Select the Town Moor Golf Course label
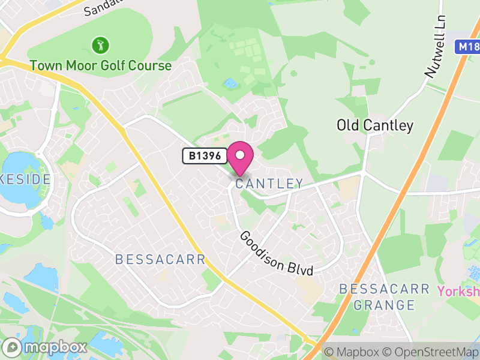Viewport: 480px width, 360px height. (101, 65)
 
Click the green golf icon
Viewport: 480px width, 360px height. (100, 44)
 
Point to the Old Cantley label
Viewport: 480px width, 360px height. (375, 125)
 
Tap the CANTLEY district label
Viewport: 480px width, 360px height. (269, 184)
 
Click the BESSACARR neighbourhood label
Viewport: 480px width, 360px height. (160, 260)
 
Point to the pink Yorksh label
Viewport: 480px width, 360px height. (458, 292)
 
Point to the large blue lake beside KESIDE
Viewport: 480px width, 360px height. (18, 174)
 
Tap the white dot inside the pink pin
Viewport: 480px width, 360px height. (240, 155)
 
